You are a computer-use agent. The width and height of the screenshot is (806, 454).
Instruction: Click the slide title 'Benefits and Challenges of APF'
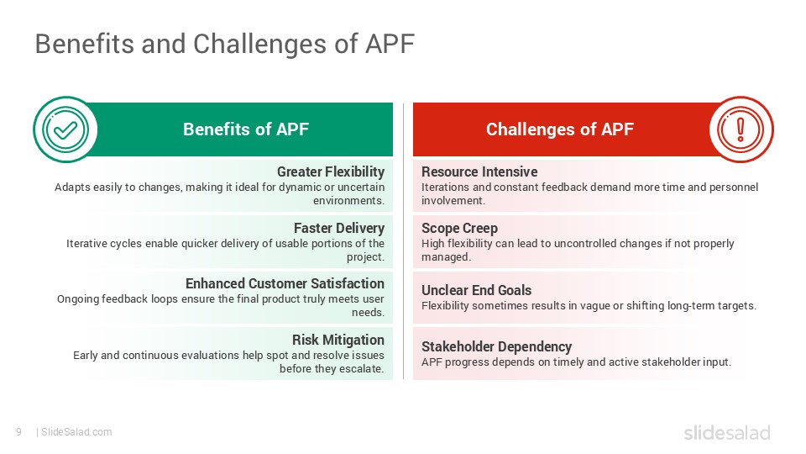[x=224, y=44]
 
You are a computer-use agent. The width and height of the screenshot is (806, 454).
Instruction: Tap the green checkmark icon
[x=65, y=129]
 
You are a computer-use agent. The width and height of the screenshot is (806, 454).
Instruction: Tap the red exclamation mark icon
[x=741, y=129]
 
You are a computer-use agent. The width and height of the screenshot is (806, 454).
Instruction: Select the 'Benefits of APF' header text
[x=246, y=129]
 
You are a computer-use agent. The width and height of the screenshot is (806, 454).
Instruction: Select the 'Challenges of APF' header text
[x=560, y=129]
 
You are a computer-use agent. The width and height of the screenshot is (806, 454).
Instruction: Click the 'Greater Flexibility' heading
[x=331, y=172]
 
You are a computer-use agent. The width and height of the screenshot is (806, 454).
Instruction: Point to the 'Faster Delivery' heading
[x=339, y=228]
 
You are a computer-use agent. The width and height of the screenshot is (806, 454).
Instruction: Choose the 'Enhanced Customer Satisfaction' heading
[x=285, y=283]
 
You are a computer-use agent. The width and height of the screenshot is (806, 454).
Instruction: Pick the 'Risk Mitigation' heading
[x=338, y=340]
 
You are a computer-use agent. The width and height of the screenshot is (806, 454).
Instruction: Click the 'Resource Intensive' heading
[x=479, y=172]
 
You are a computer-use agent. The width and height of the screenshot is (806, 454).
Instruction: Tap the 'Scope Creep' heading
[x=459, y=228]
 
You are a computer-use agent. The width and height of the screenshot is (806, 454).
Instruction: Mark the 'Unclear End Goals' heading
[x=476, y=290]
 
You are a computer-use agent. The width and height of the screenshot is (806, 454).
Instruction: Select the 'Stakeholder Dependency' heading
[x=496, y=346]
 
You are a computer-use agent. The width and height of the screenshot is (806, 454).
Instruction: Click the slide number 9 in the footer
[x=18, y=432]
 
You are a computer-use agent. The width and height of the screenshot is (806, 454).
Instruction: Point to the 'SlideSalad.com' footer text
[x=76, y=432]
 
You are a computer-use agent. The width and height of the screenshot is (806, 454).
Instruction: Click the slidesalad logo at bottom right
[x=726, y=433]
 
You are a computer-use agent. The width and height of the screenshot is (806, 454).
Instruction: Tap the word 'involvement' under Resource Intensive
[x=453, y=201]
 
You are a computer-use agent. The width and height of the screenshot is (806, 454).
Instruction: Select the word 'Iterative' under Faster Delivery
[x=87, y=243]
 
